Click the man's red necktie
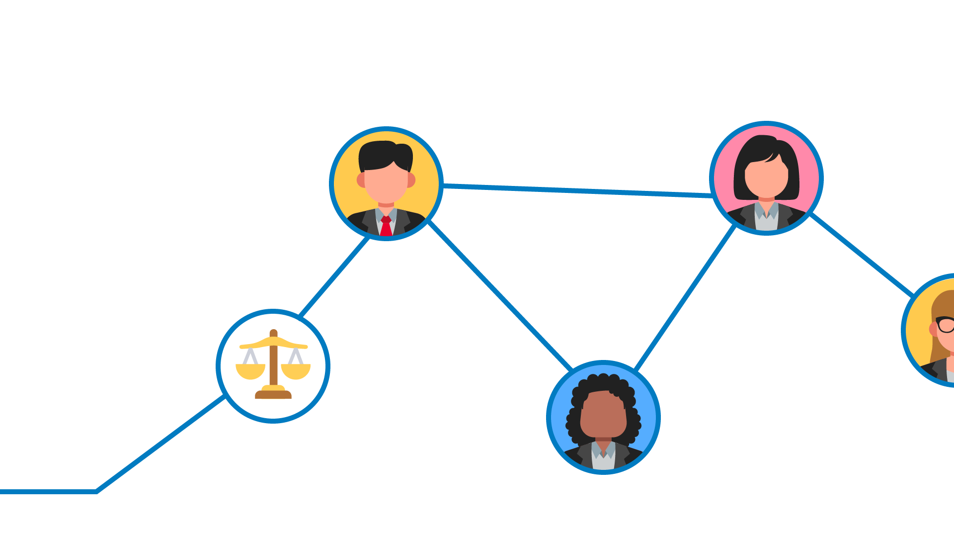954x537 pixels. [386, 228]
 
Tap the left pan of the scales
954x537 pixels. [250, 371]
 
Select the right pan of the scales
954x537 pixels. [296, 371]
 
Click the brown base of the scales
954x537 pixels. [273, 395]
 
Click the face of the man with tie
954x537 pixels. [386, 184]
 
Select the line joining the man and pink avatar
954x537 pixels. [576, 190]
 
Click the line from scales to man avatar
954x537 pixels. [334, 277]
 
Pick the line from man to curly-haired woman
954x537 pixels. [499, 295]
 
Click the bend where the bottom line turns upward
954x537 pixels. [96, 492]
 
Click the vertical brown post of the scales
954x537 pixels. [273, 363]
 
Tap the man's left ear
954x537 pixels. [361, 180]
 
